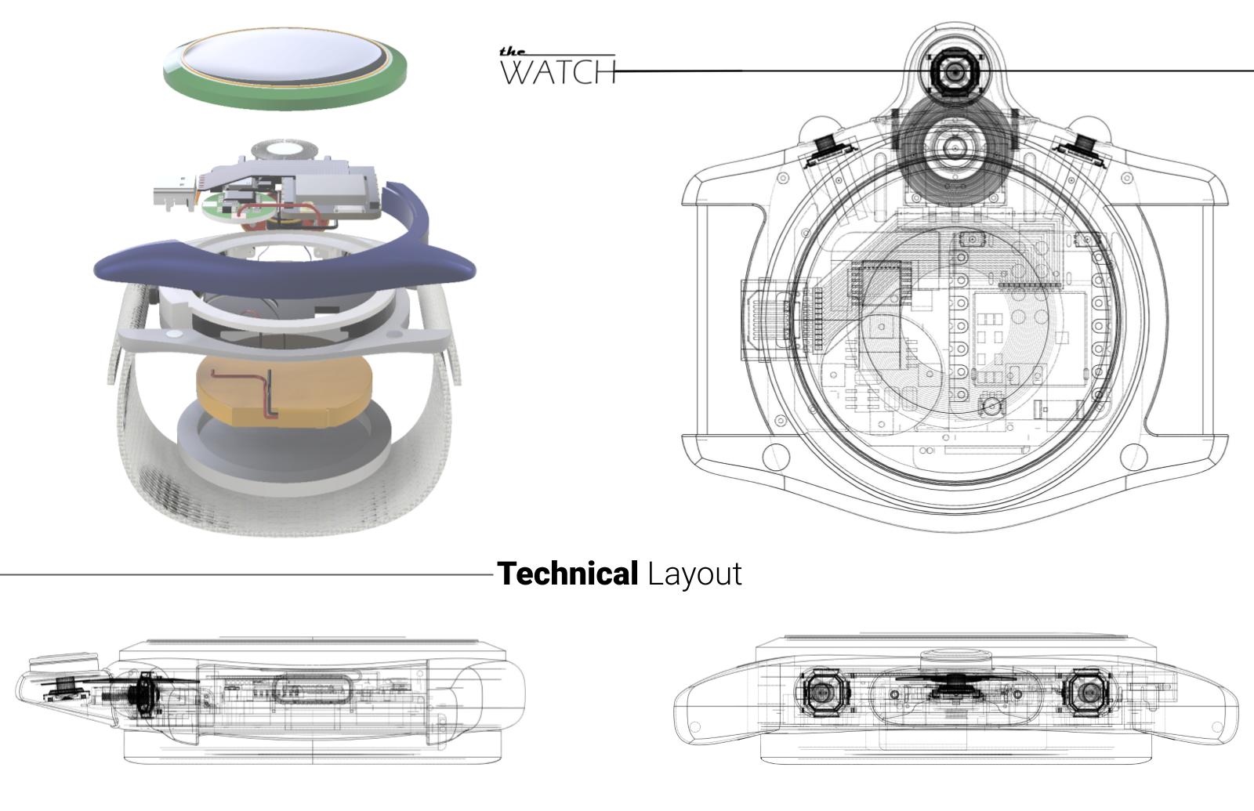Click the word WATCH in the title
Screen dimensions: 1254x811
(x=558, y=72)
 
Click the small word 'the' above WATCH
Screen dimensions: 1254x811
(x=512, y=52)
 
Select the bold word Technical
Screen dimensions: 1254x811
(x=567, y=574)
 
